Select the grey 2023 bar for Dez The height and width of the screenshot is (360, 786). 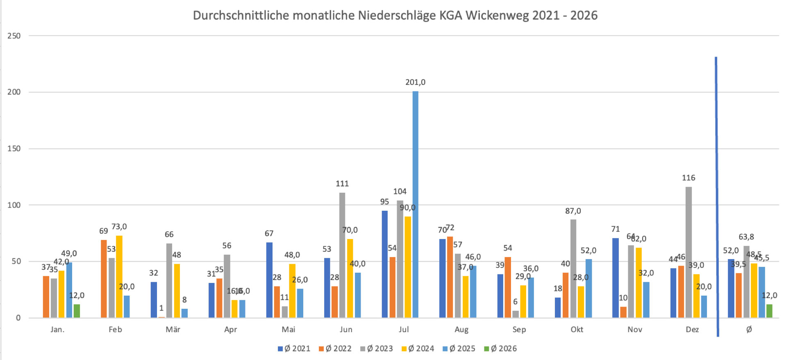pyautogui.click(x=688, y=252)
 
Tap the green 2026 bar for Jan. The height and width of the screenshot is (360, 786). pyautogui.click(x=77, y=311)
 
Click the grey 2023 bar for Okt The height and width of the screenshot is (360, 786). pyautogui.click(x=573, y=269)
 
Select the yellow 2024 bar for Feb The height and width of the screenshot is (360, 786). pyautogui.click(x=119, y=276)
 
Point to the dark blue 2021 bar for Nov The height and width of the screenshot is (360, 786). pyautogui.click(x=616, y=278)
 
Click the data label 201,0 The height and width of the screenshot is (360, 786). pyautogui.click(x=415, y=82)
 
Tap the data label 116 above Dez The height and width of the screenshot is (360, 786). pyautogui.click(x=688, y=178)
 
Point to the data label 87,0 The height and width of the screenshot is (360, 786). pyautogui.click(x=573, y=211)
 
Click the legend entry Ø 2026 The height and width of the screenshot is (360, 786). pyautogui.click(x=500, y=349)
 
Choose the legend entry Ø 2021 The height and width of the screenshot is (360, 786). pyautogui.click(x=294, y=349)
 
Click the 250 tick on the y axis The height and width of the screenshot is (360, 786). pyautogui.click(x=14, y=36)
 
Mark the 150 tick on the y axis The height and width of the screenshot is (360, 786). pyautogui.click(x=14, y=149)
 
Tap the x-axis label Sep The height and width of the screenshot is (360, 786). pyautogui.click(x=519, y=330)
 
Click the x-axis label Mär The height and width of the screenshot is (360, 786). pyautogui.click(x=173, y=330)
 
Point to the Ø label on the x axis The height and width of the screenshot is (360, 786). pyautogui.click(x=749, y=330)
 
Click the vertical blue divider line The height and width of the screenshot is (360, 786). pyautogui.click(x=717, y=197)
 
